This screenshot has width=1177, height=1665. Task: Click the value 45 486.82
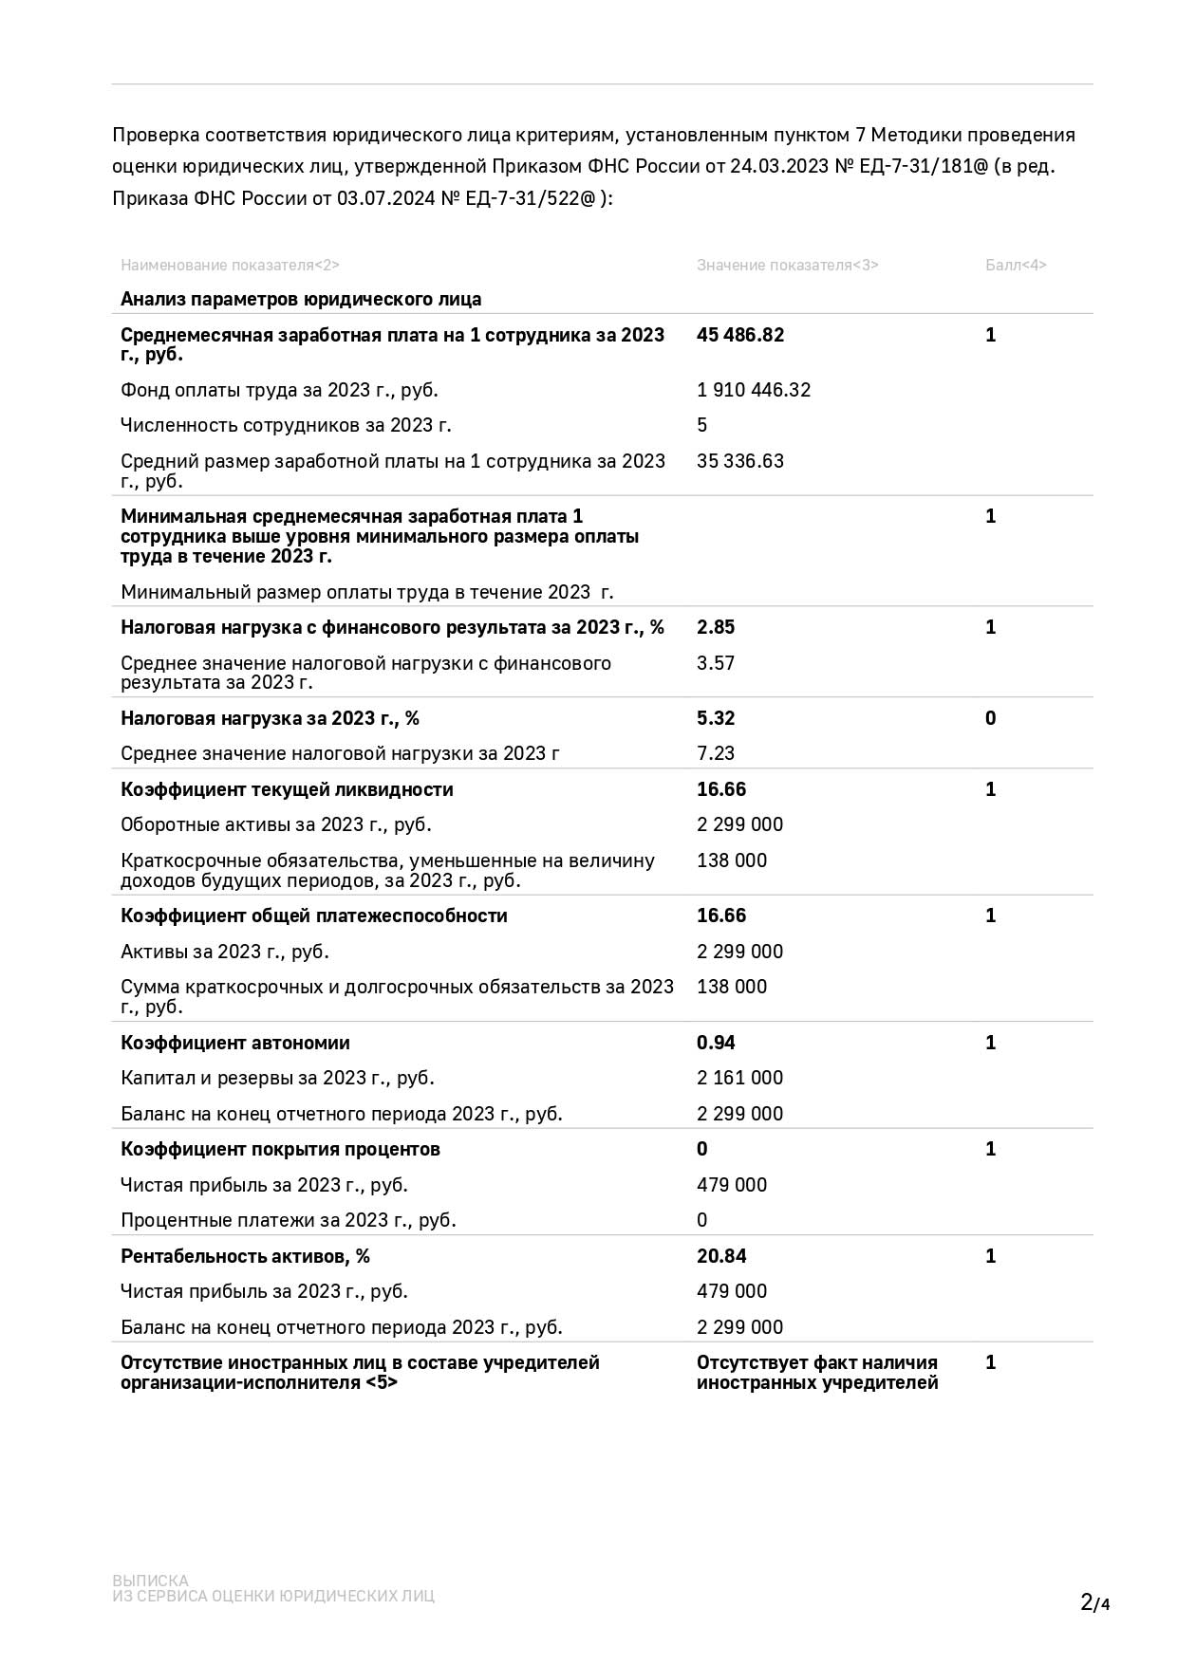tap(740, 335)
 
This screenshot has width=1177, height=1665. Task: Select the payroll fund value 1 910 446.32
tap(754, 390)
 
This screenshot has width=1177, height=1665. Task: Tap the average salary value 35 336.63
tap(740, 461)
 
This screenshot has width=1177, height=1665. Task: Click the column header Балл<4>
tap(1016, 266)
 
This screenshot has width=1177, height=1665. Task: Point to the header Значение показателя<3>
tap(787, 266)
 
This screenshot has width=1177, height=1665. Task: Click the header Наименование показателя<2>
tap(230, 266)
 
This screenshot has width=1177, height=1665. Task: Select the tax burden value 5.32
tap(716, 718)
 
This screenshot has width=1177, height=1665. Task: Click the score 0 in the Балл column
tap(990, 718)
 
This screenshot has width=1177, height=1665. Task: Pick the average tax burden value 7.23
tap(716, 753)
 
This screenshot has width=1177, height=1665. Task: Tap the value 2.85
tap(716, 627)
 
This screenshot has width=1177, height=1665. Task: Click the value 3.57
tap(716, 663)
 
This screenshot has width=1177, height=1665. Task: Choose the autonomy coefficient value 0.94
tap(716, 1043)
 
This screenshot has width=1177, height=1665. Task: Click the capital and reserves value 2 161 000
tap(739, 1078)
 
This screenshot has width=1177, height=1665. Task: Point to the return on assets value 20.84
tap(721, 1256)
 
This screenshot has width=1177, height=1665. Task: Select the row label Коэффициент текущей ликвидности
tap(287, 789)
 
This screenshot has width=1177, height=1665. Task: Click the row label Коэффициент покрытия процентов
tap(280, 1149)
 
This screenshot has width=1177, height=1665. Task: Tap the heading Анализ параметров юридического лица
tap(301, 300)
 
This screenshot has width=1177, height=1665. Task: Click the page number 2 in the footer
tap(1087, 1602)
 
